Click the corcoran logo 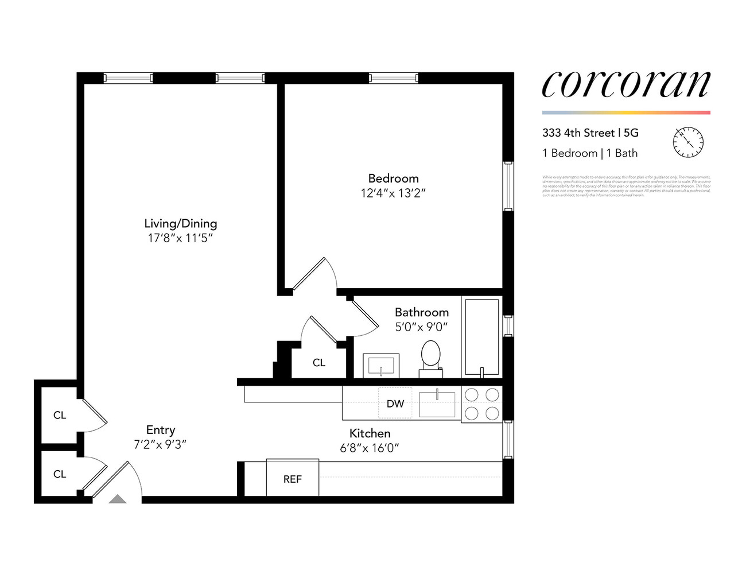click(x=626, y=85)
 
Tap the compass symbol click(x=687, y=142)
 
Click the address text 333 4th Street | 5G click(x=590, y=133)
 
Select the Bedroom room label click(x=393, y=179)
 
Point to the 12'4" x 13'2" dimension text click(x=393, y=193)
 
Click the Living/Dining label click(x=180, y=223)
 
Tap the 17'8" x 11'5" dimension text click(x=180, y=238)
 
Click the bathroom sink click(x=381, y=365)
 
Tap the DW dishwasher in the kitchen click(x=395, y=404)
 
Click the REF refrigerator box click(x=292, y=478)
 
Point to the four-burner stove click(x=481, y=404)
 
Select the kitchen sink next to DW click(x=437, y=404)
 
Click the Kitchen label click(x=370, y=433)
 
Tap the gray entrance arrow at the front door click(x=118, y=499)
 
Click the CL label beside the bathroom click(x=318, y=363)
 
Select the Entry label click(x=160, y=430)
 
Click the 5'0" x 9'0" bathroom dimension click(x=421, y=327)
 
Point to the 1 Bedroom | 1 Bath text click(x=589, y=153)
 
